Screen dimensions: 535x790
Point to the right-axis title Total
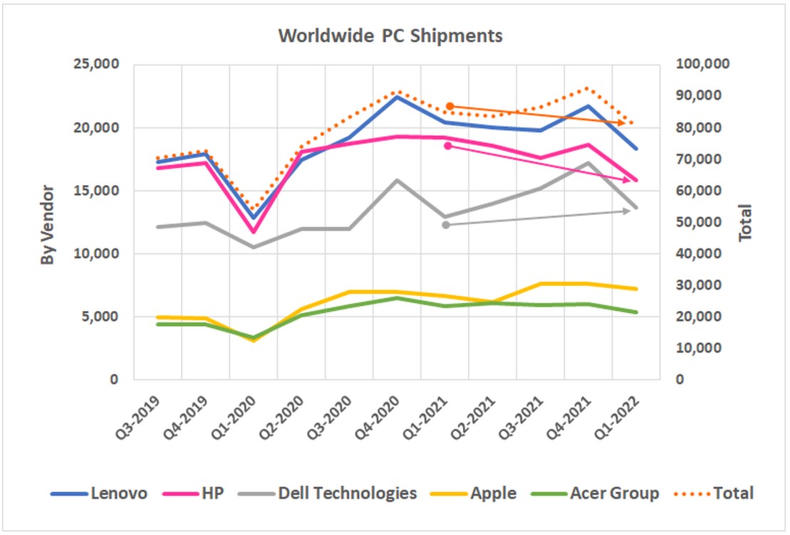point(746,222)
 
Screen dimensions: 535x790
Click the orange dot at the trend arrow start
point(449,106)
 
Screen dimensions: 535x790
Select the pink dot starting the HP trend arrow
point(448,146)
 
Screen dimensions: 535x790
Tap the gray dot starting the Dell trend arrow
point(446,225)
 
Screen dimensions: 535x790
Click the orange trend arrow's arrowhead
point(623,123)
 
